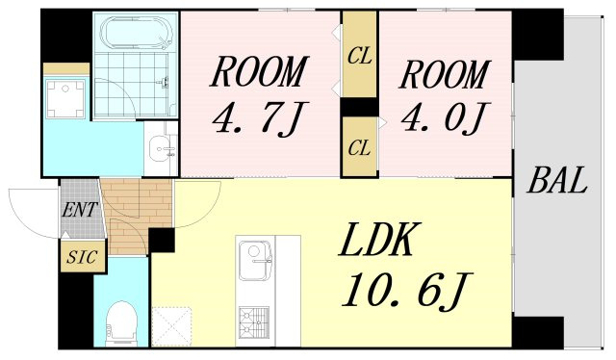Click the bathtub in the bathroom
[x=136, y=33]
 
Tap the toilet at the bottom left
[x=122, y=321]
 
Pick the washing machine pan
[x=65, y=98]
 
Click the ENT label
[x=79, y=209]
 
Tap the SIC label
[x=82, y=257]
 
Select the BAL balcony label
[x=557, y=180]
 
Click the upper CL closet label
[x=359, y=57]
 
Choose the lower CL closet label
[x=359, y=148]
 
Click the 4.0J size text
[x=445, y=117]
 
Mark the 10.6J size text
[x=407, y=290]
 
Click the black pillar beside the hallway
[x=162, y=240]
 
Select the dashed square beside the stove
[x=171, y=326]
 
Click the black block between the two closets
[x=359, y=107]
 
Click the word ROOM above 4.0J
[x=445, y=74]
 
